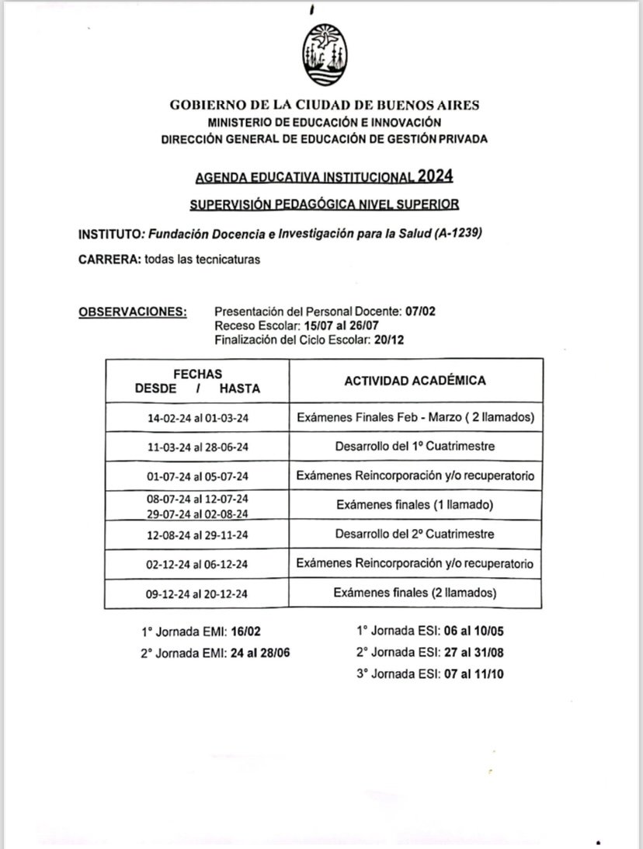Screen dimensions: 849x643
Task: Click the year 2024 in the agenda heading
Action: [x=434, y=176]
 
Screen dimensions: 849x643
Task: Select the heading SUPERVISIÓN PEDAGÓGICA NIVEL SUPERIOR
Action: [x=324, y=204]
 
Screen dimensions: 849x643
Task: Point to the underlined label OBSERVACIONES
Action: [x=133, y=312]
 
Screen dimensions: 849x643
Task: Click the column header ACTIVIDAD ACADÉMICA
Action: [x=415, y=381]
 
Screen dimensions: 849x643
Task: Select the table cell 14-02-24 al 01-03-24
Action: [x=198, y=418]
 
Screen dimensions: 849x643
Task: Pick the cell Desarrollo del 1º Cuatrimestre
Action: [x=415, y=447]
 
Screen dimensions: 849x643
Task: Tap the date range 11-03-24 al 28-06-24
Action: [x=198, y=447]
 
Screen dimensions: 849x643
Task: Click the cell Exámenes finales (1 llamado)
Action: [x=415, y=505]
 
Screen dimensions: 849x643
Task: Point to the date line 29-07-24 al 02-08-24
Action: [x=198, y=513]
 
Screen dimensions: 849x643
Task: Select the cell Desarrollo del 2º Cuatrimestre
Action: [x=415, y=534]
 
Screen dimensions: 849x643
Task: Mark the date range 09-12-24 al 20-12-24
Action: [x=198, y=594]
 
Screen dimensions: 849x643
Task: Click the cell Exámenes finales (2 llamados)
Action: [x=415, y=593]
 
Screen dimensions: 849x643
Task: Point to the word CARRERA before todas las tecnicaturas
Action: [x=109, y=259]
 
